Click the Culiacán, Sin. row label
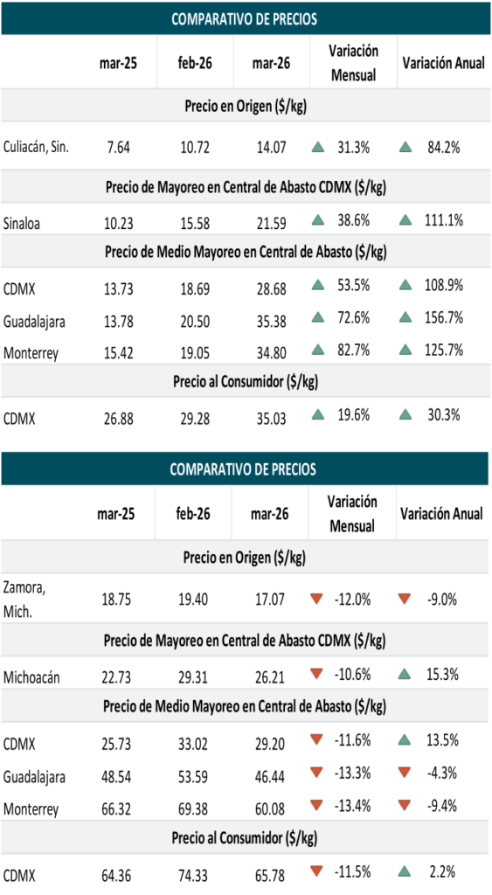point(36,147)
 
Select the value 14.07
point(271,148)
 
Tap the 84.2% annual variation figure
point(443,147)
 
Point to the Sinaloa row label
point(22,223)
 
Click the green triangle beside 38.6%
point(318,219)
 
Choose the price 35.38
point(271,322)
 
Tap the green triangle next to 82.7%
point(318,350)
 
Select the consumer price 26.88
point(118,419)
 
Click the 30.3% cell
point(443,415)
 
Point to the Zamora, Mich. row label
point(24,600)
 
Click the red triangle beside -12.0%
point(316,599)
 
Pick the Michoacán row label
point(31,677)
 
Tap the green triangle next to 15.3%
point(404,674)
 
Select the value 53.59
point(193,777)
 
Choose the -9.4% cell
point(442,805)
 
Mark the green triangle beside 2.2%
point(404,871)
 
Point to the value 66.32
point(116,809)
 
